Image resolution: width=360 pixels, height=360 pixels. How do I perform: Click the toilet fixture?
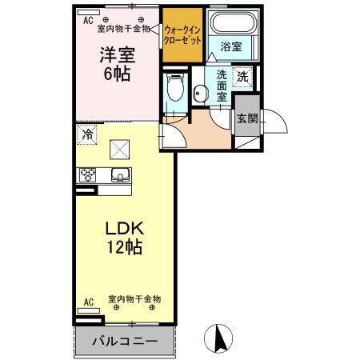(x=175, y=90)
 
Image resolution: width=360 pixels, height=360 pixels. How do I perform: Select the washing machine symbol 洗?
(x=242, y=78)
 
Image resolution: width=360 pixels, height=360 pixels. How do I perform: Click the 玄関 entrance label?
(x=246, y=118)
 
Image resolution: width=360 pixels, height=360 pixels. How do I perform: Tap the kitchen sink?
(x=119, y=176)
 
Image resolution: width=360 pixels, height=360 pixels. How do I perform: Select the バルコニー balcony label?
(x=123, y=341)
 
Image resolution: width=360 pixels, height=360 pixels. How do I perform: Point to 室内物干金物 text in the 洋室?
(x=123, y=28)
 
